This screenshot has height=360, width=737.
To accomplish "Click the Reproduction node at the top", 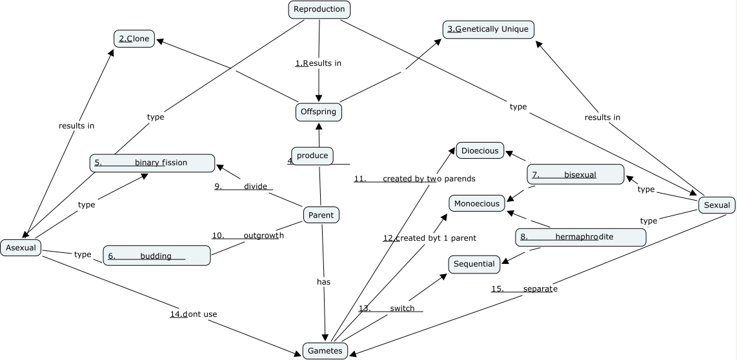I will pos(319,9).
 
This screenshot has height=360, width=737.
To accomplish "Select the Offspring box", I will pos(319,112).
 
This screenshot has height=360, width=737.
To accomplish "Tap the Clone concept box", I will pos(134,39).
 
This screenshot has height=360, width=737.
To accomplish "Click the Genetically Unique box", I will pos(489,29).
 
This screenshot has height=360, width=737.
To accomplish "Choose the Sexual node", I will pos(716,205).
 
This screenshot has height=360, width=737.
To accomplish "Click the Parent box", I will pos(321,215).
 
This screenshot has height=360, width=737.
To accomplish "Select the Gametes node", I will pos(325,350).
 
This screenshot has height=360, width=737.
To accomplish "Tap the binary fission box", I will pos(152,163).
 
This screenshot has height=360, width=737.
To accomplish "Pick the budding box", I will pos(157,255).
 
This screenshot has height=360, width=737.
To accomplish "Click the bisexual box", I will pos(576,174).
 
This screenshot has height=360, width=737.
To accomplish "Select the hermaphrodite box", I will pos(581,237).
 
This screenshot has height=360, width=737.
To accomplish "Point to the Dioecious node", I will pos(480,150).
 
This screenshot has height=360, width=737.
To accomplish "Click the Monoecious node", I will pos(477,203).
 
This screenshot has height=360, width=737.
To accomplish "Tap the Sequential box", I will pos(474,264).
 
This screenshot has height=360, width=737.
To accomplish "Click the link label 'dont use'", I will pos(194,314).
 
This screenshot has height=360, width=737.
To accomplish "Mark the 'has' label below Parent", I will pos(323,282).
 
